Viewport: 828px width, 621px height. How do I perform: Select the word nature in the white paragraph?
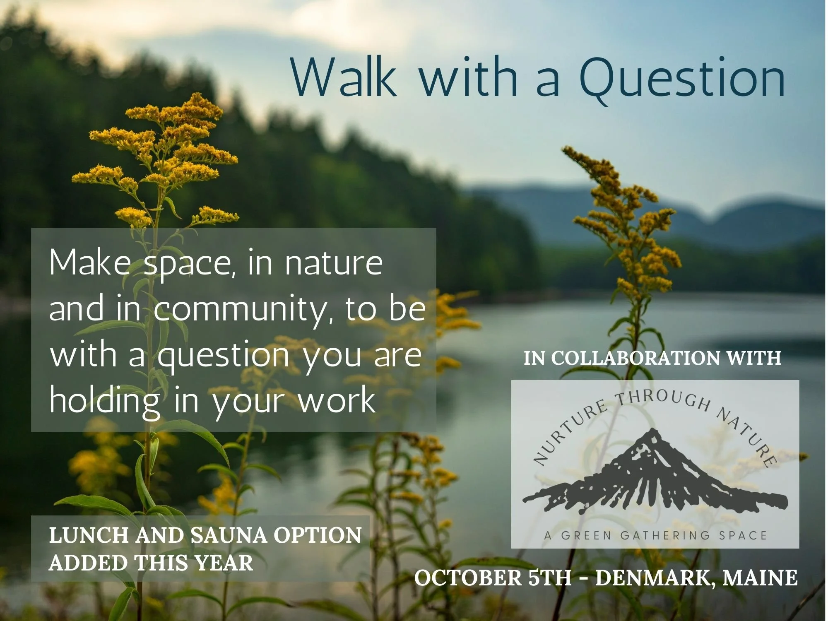(x=333, y=263)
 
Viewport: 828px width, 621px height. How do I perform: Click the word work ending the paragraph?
(x=336, y=401)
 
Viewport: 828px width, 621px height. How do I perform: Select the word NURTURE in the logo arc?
(x=569, y=435)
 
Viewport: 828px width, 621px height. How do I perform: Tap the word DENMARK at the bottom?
(x=654, y=578)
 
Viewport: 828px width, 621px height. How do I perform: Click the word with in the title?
(x=469, y=77)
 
